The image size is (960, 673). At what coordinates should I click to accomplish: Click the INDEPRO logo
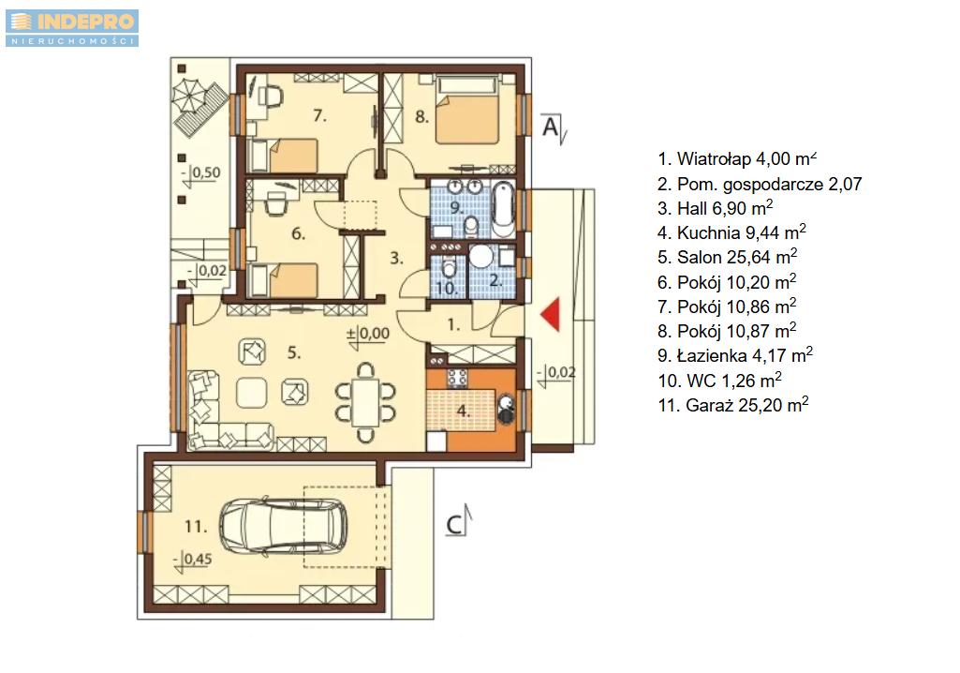coord(72,28)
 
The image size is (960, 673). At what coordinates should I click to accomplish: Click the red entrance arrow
coord(551,314)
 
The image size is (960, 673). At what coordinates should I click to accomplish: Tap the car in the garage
coord(284,528)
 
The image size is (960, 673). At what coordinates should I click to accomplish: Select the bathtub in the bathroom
coord(503,208)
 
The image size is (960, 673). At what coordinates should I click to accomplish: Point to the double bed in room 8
coord(466,111)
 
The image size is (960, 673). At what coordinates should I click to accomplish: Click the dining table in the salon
coord(366,402)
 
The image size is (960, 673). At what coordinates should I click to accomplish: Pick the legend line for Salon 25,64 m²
coord(728,258)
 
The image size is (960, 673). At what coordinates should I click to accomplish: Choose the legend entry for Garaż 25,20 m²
coord(732,405)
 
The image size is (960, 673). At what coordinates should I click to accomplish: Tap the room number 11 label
coord(196,527)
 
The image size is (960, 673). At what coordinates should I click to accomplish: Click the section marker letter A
coord(551,127)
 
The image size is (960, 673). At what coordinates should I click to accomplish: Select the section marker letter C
coord(454,525)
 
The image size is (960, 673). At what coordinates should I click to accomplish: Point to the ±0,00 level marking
coord(368,334)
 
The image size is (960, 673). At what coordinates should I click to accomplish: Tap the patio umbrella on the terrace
coord(190,97)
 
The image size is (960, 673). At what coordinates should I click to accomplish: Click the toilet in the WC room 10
coord(449,267)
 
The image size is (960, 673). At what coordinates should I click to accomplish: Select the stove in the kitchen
coord(456,378)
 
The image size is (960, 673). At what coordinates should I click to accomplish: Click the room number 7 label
coord(319,115)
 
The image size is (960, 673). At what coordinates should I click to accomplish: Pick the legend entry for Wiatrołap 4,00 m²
coord(737,159)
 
